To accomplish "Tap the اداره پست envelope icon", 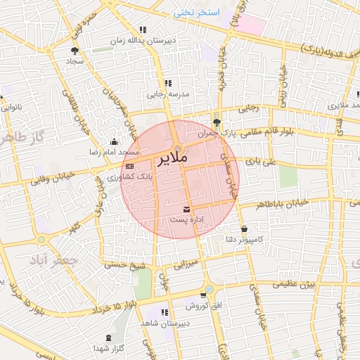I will coord(186,210).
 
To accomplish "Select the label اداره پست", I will coord(187,220).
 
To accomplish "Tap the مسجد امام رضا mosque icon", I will coord(115,141).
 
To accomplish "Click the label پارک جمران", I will coord(214,132).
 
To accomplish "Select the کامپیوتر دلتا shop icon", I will coord(244,229).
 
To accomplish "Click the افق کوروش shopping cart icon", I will coord(203,295).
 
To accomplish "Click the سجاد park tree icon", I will coord(75,51).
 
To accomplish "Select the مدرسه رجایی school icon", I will coord(168,83).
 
